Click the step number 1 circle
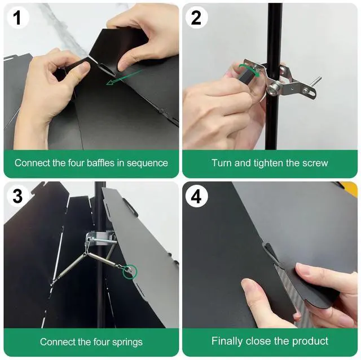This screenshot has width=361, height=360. tap(17, 17)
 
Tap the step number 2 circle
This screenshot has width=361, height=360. tap(196, 17)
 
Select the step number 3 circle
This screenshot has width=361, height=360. tap(17, 196)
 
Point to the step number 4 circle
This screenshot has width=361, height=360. tap(196, 196)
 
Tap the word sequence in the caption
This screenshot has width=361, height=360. tap(147, 163)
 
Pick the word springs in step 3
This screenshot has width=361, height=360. tap(127, 343)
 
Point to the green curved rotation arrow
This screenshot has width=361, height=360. tap(249, 70)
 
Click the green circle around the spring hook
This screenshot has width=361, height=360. tap(130, 272)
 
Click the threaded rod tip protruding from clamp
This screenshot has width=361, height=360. tap(319, 78)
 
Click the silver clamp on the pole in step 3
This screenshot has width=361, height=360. tap(99, 239)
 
